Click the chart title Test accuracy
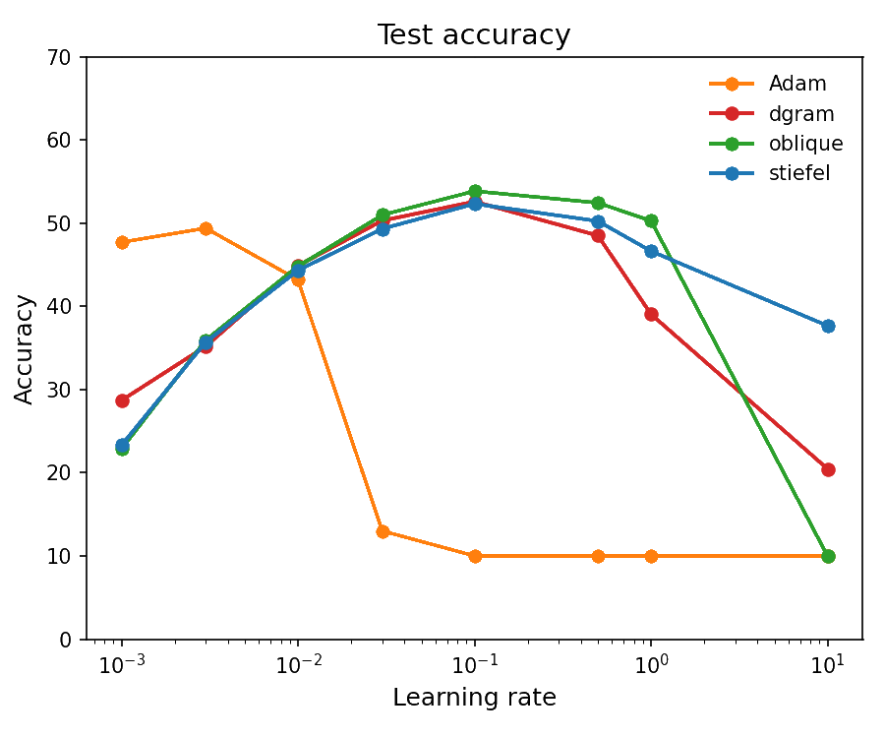coord(476,35)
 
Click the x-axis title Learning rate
coord(476,698)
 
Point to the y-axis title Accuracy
coord(26,348)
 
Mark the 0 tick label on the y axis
coord(66,640)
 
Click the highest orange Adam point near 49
coord(206,228)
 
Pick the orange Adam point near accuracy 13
coord(383,531)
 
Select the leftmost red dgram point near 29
coord(122,400)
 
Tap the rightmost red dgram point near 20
coord(828,469)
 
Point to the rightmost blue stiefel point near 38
coord(828,326)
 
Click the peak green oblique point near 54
coord(475,191)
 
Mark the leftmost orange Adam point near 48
coord(122,242)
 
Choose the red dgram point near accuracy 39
coord(651,314)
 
